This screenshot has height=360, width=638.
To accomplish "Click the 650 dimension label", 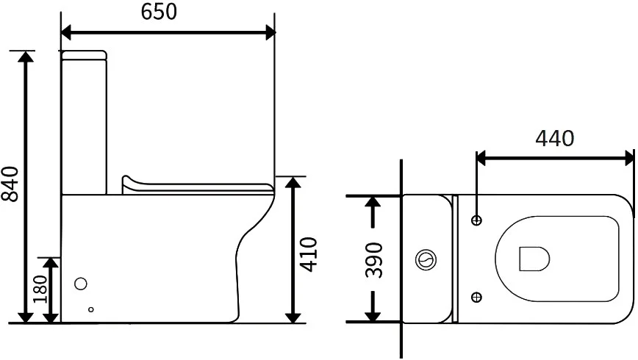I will coord(159,12).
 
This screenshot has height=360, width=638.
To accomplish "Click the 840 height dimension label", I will coord(11,184).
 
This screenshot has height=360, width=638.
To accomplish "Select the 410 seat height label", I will coord(309,254).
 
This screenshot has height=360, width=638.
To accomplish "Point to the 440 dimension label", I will coord(554,137).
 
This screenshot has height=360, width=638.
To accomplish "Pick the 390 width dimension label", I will coord(374,259).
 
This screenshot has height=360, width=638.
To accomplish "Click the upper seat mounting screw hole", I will coord(476,220).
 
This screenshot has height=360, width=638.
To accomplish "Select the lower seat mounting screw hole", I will coord(476,297).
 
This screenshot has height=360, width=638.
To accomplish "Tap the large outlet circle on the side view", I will coord(82,283).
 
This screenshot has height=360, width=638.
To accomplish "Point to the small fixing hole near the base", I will coord(92,309).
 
